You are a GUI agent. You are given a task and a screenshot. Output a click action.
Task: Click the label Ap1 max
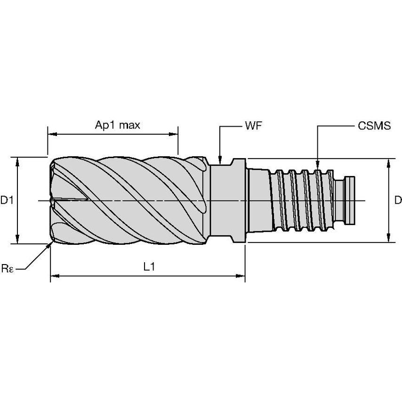coord(118,125)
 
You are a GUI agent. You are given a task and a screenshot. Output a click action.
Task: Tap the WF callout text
coord(253,126)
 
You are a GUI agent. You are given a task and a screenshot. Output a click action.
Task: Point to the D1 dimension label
coord(7,201)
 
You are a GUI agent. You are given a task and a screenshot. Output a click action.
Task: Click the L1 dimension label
coord(149,267)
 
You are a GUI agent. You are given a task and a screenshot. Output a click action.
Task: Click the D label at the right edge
coord(398,201)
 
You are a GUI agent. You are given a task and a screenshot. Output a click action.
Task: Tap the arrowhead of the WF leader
coord(219,160)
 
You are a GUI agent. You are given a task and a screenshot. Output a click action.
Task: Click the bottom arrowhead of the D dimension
coord(389,239)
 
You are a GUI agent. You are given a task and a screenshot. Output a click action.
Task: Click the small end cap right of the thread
coord(351,201)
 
